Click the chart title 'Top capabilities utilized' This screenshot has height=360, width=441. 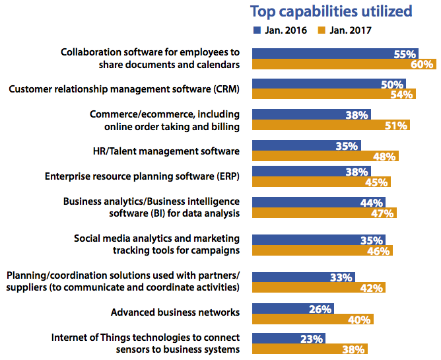click(x=330, y=11)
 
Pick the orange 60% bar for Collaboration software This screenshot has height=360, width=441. click(x=343, y=65)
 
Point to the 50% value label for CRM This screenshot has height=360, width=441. click(x=392, y=85)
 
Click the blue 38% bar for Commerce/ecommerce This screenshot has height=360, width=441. click(x=311, y=115)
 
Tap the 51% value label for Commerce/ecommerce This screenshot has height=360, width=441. click(x=396, y=126)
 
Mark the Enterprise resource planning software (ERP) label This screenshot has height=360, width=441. click(x=142, y=176)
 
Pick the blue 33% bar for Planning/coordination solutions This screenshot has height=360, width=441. click(x=303, y=277)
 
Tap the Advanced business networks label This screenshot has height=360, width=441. click(x=175, y=312)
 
